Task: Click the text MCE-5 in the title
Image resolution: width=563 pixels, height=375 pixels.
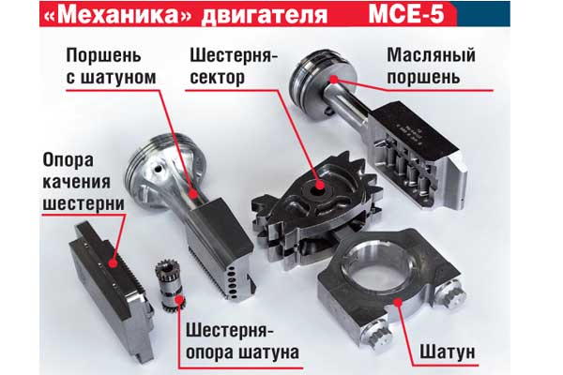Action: pos(406,14)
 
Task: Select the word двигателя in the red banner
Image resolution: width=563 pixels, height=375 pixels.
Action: pos(264,16)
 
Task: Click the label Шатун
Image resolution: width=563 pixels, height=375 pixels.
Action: pos(448,352)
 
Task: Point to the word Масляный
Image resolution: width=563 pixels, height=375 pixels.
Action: pos(431,55)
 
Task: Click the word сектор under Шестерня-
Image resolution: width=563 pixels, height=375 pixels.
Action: pos(218,78)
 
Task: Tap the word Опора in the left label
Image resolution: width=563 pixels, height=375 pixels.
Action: pos(68,160)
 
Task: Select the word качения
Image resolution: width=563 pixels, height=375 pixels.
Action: pos(77,182)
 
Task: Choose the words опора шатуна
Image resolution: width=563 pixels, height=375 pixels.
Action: pos(243,352)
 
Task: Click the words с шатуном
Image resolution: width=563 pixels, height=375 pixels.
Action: pos(112,78)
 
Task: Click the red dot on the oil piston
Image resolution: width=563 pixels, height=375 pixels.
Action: pos(334,80)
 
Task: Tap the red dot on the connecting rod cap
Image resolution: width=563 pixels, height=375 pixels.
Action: pos(398,302)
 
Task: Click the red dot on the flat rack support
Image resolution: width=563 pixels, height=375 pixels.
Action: pos(114,263)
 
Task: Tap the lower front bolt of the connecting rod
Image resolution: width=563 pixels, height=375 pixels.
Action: pos(376,337)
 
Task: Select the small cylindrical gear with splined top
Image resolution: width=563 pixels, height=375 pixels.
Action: pos(169,284)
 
